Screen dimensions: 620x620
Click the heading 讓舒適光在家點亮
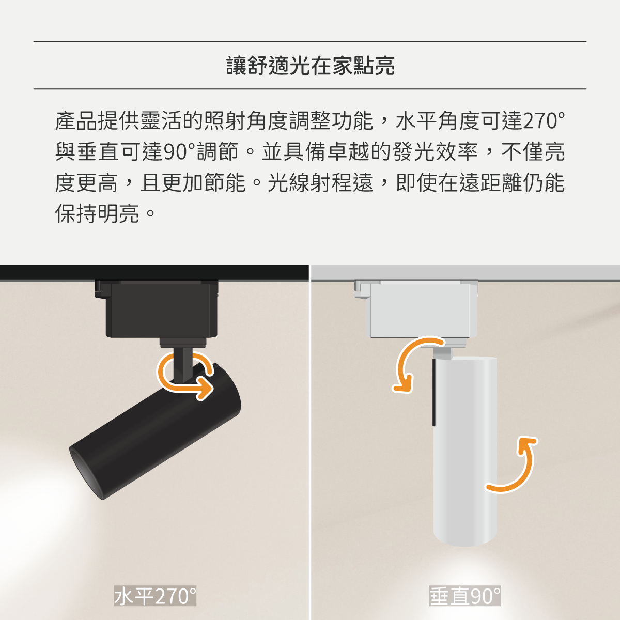[x=310, y=66]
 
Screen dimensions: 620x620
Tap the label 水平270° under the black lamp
[x=155, y=596]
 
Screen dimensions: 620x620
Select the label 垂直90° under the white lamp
[x=465, y=596]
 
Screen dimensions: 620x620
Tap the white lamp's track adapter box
[x=416, y=309]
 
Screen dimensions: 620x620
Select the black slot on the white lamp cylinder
[x=433, y=393]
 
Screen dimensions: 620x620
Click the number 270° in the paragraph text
[x=544, y=121]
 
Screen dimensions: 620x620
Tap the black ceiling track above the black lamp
[x=154, y=272]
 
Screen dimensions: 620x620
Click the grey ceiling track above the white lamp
[x=466, y=272]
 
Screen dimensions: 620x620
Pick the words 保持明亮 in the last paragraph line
[x=97, y=213]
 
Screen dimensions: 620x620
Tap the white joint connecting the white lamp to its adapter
[x=443, y=353]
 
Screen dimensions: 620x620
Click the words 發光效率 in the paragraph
[x=435, y=151]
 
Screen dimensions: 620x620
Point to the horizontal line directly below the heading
[x=310, y=89]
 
